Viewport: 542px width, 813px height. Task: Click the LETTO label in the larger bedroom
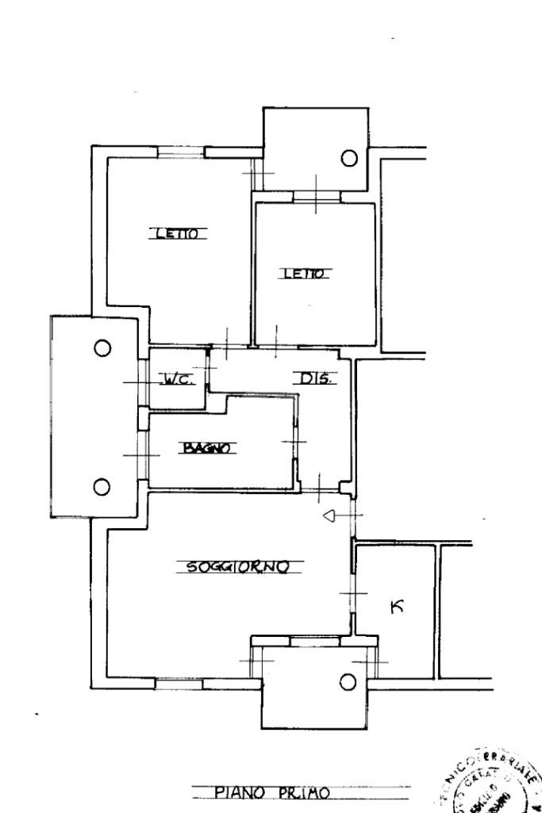pos(179,233)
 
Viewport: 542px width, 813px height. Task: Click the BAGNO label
pos(206,449)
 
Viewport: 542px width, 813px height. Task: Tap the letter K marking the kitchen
pos(397,608)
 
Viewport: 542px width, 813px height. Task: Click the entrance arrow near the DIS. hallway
pos(332,517)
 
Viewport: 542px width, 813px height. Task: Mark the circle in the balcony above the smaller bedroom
pos(348,158)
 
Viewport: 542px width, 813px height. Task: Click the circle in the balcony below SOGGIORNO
pos(348,681)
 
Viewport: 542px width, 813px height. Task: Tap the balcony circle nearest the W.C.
pos(102,347)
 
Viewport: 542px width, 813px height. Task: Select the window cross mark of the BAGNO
pos(142,455)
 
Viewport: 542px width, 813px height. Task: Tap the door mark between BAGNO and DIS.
pos(294,442)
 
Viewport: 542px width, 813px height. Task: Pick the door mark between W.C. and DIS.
pos(209,369)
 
